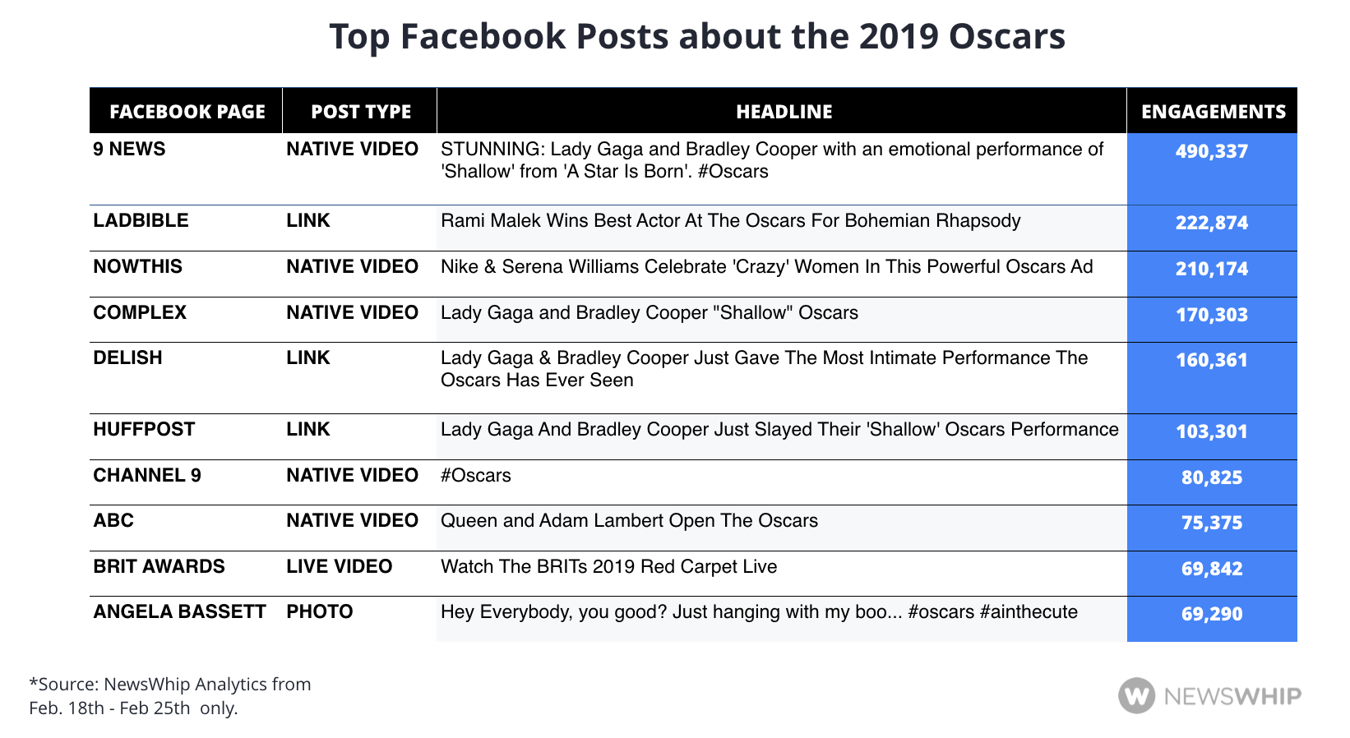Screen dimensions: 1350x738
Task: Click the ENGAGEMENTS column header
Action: pyautogui.click(x=1214, y=112)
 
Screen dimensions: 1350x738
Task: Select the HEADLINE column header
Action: pyautogui.click(x=784, y=112)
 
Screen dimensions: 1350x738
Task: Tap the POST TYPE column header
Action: pyautogui.click(x=361, y=112)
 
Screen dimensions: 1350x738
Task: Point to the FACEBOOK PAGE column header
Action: pyautogui.click(x=187, y=112)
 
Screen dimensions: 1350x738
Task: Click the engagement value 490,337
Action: pyautogui.click(x=1211, y=150)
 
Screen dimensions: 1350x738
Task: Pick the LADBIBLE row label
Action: pyautogui.click(x=141, y=220)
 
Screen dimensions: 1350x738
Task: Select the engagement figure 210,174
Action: pyautogui.click(x=1211, y=268)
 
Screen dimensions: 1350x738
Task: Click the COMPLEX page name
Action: pyautogui.click(x=140, y=312)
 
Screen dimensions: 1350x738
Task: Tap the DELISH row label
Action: pyautogui.click(x=127, y=357)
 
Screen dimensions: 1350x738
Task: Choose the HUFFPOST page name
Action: pyautogui.click(x=144, y=430)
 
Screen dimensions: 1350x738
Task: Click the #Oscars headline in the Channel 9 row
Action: pyautogui.click(x=475, y=475)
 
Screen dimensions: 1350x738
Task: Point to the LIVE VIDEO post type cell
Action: pyautogui.click(x=340, y=566)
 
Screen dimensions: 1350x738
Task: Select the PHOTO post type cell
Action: pyautogui.click(x=320, y=612)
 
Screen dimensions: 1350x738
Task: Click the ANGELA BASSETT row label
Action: pyautogui.click(x=179, y=612)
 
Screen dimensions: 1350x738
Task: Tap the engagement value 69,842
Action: pyautogui.click(x=1211, y=568)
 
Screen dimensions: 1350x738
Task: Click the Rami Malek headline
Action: pyautogui.click(x=730, y=221)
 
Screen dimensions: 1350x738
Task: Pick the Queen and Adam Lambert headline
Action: pyautogui.click(x=629, y=520)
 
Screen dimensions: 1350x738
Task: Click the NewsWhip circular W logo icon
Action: pyautogui.click(x=1137, y=696)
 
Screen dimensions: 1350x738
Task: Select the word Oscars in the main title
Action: pyautogui.click(x=1007, y=36)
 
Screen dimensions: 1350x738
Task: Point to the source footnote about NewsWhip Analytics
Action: pyautogui.click(x=170, y=696)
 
